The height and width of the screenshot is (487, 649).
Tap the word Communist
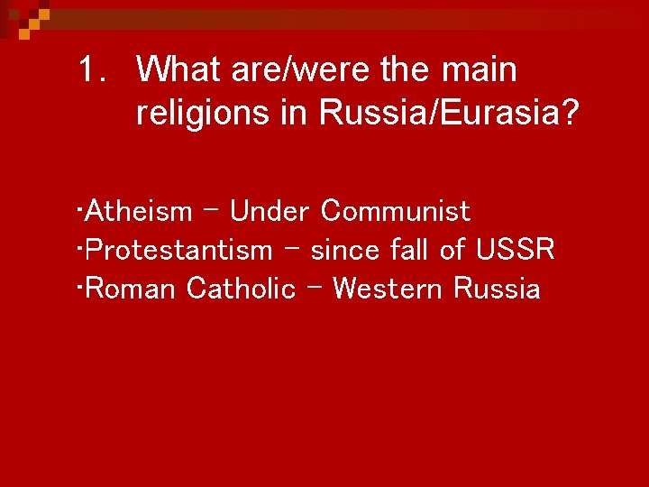coord(396,212)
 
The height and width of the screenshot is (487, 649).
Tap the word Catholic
coord(241,289)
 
